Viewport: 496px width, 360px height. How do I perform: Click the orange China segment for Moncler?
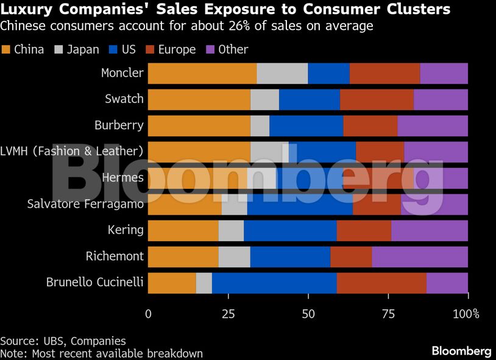click(202, 73)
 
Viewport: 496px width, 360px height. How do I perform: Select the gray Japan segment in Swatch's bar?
click(264, 99)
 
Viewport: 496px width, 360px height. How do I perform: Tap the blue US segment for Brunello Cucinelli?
click(274, 283)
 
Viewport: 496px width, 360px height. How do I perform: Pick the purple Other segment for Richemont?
click(420, 257)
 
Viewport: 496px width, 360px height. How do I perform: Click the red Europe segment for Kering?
click(364, 231)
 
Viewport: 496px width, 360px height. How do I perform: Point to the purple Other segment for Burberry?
click(433, 125)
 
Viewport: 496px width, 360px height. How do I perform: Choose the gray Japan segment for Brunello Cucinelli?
click(204, 283)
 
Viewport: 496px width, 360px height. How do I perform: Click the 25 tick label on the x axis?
click(229, 314)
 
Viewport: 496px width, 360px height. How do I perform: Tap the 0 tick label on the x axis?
click(149, 314)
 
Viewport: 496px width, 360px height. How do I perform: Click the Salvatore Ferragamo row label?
click(85, 204)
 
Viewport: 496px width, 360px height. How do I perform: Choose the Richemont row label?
click(115, 256)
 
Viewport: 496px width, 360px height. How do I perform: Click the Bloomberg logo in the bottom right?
click(461, 351)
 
